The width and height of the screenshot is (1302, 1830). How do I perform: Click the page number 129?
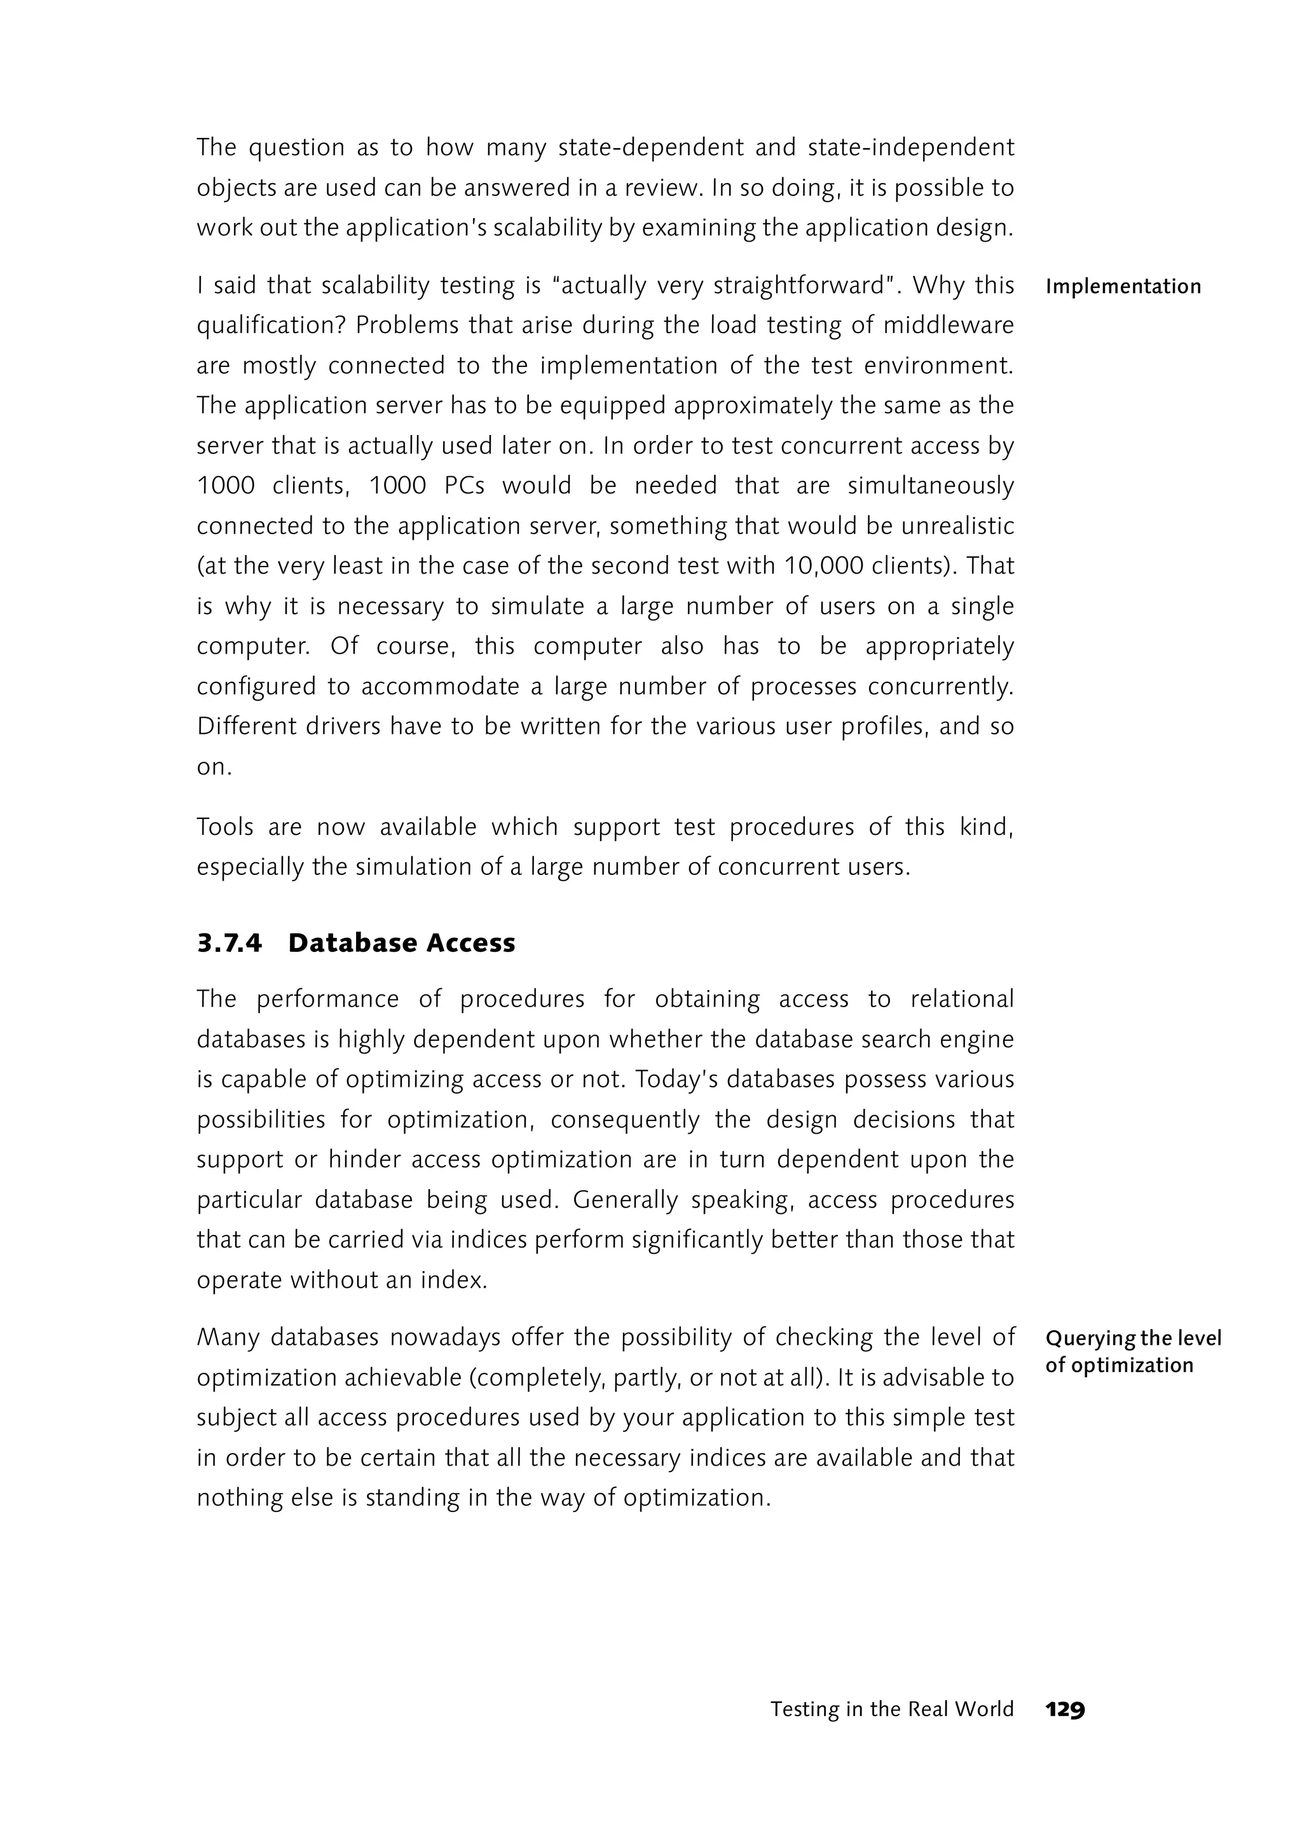click(x=1065, y=1709)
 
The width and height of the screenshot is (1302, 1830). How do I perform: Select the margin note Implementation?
click(x=1123, y=286)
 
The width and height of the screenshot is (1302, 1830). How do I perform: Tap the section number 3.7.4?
click(x=230, y=942)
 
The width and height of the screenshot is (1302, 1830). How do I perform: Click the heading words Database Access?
click(x=401, y=942)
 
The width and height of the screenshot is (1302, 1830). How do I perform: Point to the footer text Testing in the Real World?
click(x=891, y=1709)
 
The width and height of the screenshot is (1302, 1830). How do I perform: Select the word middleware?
click(x=949, y=326)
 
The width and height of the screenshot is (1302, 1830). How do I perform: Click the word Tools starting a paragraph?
click(x=224, y=827)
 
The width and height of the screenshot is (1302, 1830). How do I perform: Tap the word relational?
click(x=962, y=999)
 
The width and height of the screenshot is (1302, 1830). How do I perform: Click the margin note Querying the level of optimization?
click(x=1132, y=1351)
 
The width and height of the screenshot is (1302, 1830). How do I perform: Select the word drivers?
click(x=345, y=727)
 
